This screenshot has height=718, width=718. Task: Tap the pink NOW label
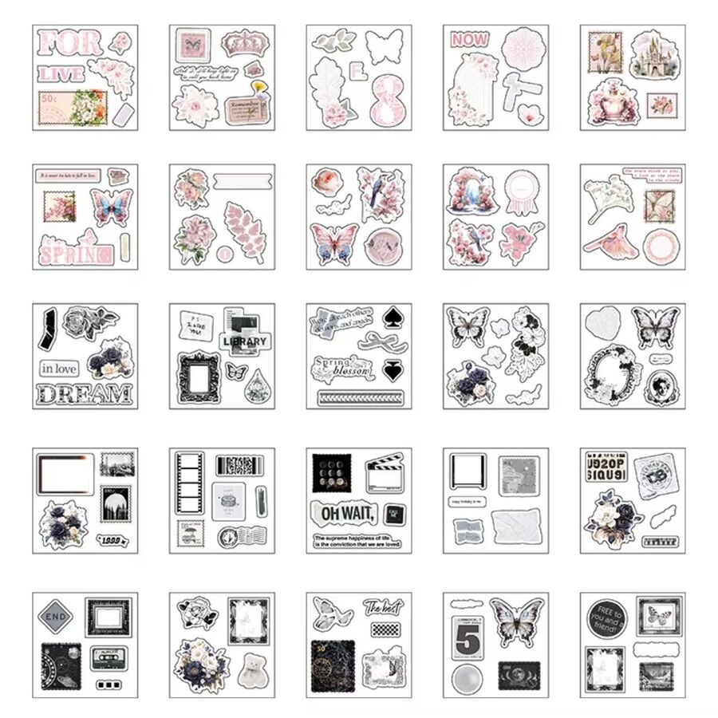click(469, 38)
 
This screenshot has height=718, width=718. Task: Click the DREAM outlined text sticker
click(84, 393)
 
